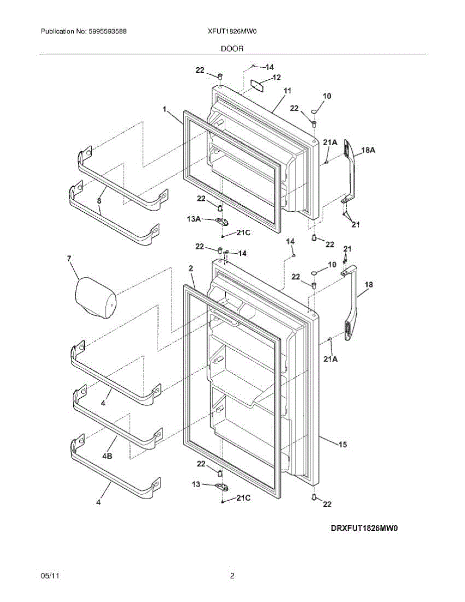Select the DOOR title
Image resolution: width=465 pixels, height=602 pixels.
click(232, 49)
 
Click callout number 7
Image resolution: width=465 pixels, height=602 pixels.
click(69, 258)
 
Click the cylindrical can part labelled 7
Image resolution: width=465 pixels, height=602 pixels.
click(95, 300)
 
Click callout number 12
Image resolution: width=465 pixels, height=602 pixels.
click(276, 77)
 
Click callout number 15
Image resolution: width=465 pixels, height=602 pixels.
click(343, 444)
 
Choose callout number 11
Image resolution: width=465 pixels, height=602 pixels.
click(287, 90)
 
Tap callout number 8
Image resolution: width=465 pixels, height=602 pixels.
click(99, 200)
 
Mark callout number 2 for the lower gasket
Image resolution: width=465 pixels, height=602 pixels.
click(191, 269)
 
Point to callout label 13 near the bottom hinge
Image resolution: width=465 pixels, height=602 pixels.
click(197, 484)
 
